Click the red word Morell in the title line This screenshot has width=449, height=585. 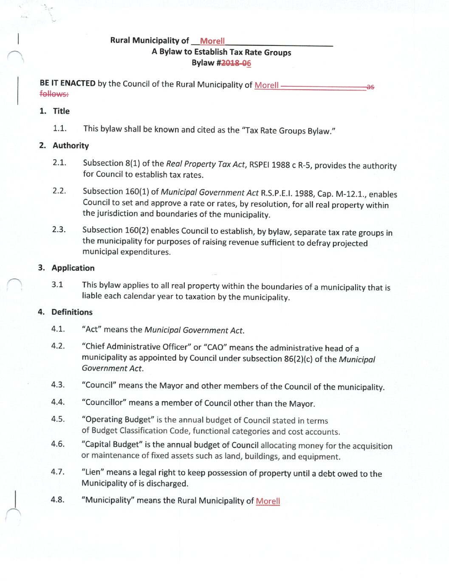(212, 41)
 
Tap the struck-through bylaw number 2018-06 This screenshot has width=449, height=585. (236, 63)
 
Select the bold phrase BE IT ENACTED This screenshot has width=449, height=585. (68, 83)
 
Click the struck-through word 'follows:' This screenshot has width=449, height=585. (54, 93)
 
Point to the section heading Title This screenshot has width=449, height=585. (61, 111)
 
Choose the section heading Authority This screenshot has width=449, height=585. (71, 146)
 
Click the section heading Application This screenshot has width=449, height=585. (73, 268)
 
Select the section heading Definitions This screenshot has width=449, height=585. (72, 312)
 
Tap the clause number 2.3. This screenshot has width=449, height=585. (59, 230)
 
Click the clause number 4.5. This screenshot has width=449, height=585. (58, 419)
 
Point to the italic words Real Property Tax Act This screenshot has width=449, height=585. (205, 164)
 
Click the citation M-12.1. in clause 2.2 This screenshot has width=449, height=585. (351, 194)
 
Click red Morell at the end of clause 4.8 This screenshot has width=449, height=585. (268, 501)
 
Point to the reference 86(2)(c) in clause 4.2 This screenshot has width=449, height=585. (298, 359)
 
